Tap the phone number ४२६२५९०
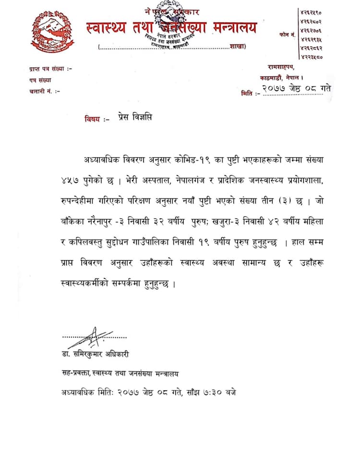tap(311, 12)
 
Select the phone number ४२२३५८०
tap(311, 57)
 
